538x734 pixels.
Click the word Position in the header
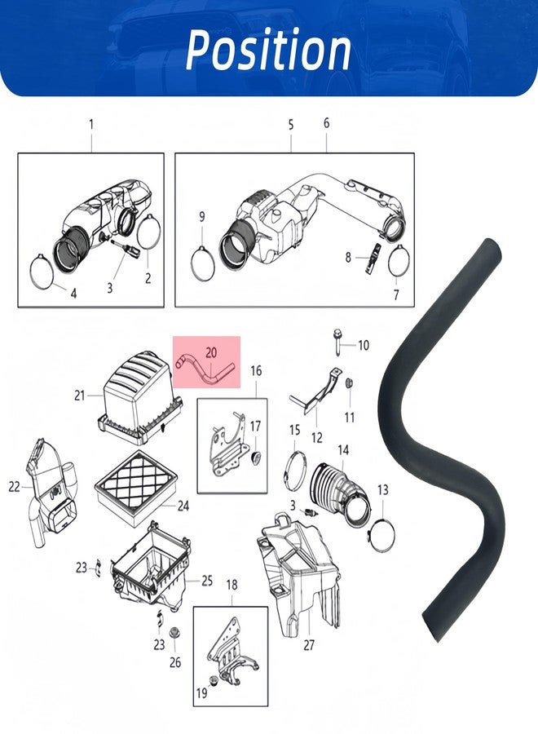pyautogui.click(x=268, y=50)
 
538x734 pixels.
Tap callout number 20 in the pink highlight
pyautogui.click(x=211, y=352)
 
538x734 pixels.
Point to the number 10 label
pyautogui.click(x=364, y=346)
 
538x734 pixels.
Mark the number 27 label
pyautogui.click(x=309, y=645)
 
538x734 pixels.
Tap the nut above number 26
pyautogui.click(x=175, y=634)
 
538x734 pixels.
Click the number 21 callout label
pyautogui.click(x=80, y=396)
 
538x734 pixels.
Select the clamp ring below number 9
pyautogui.click(x=204, y=264)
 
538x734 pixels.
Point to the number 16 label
pyautogui.click(x=256, y=371)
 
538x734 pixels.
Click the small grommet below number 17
pyautogui.click(x=255, y=458)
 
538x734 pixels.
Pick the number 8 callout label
pyautogui.click(x=348, y=257)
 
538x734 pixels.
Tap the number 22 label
pyautogui.click(x=14, y=487)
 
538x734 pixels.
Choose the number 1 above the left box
pyautogui.click(x=91, y=125)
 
